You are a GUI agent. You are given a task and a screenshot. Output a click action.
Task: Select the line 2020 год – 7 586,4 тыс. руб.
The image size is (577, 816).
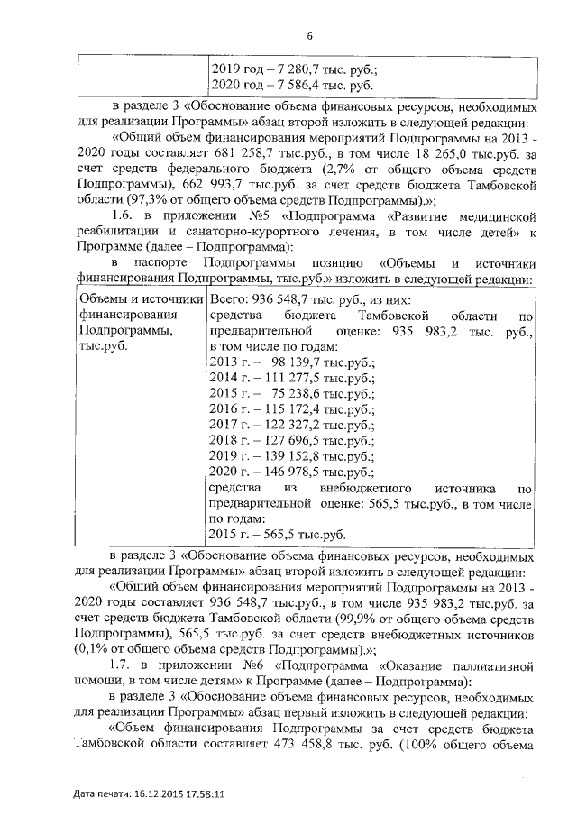click(290, 87)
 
